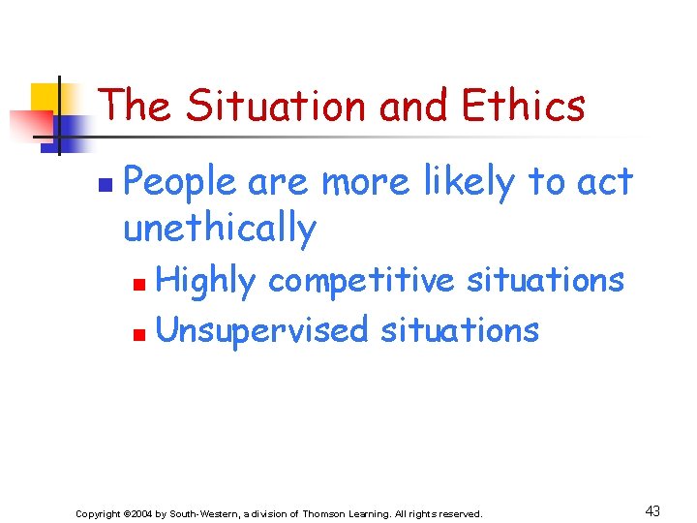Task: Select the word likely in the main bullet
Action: (459, 181)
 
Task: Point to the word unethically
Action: (220, 229)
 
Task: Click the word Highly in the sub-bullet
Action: (206, 281)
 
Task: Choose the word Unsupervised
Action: (261, 330)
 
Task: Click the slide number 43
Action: (652, 509)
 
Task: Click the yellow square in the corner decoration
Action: (45, 98)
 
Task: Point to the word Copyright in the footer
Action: (100, 513)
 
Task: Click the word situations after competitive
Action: (545, 280)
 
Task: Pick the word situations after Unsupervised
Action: (460, 330)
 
